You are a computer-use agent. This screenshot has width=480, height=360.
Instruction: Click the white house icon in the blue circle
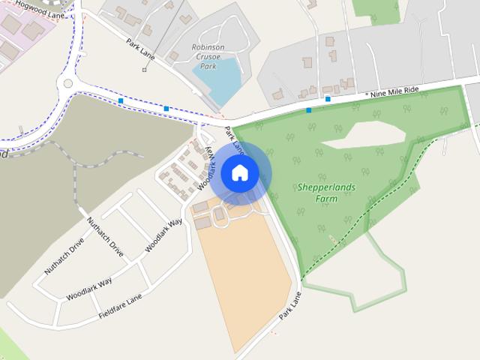click(x=239, y=173)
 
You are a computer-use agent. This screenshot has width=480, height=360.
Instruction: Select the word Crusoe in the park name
click(x=208, y=57)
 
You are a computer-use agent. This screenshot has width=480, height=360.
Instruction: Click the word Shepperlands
click(x=326, y=187)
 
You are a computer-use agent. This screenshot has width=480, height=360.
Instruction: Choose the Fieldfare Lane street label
click(x=120, y=307)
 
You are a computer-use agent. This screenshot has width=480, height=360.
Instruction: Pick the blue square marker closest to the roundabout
click(x=120, y=100)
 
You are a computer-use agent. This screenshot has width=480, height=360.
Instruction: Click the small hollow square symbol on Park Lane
click(x=145, y=70)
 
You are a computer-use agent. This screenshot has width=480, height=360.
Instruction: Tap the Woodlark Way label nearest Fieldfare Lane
click(x=89, y=288)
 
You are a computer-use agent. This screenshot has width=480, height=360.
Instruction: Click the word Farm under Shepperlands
click(x=326, y=199)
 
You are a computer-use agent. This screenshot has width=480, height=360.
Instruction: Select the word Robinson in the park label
click(x=208, y=47)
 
